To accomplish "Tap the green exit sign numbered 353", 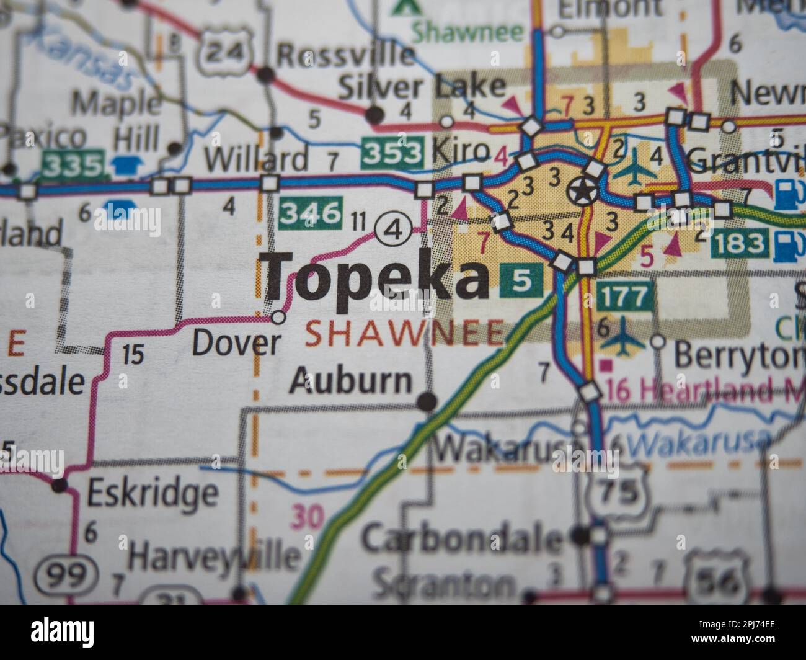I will click(393, 152).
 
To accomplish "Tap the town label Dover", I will click(236, 343).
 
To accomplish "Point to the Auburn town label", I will click(350, 380).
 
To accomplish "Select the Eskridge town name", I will click(153, 493).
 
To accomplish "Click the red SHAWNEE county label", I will click(405, 334).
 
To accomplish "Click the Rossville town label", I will click(345, 55).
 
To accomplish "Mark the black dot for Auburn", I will click(426, 403).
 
